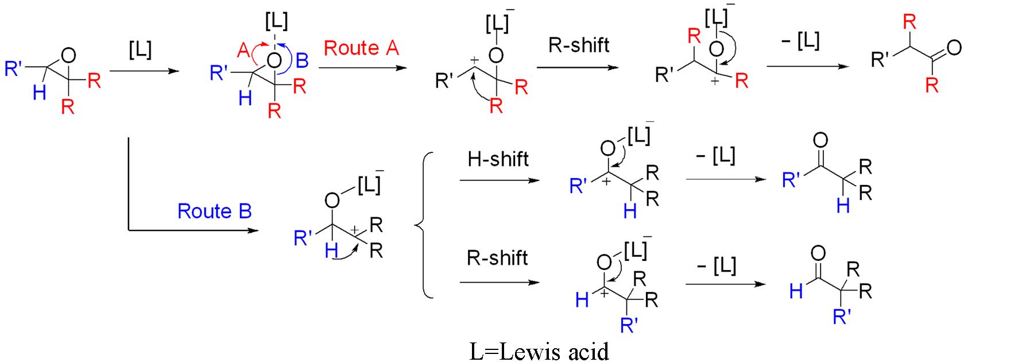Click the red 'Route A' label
361,48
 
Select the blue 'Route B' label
214,211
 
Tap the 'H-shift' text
498,159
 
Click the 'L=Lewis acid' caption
539,351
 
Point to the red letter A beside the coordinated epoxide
243,51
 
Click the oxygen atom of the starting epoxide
68,56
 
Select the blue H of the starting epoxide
39,92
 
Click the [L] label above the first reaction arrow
140,49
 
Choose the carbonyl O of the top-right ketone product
954,48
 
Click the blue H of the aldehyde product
796,291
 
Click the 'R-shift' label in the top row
578,45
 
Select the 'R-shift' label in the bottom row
497,258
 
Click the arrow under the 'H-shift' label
500,180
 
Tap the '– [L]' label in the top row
801,41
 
